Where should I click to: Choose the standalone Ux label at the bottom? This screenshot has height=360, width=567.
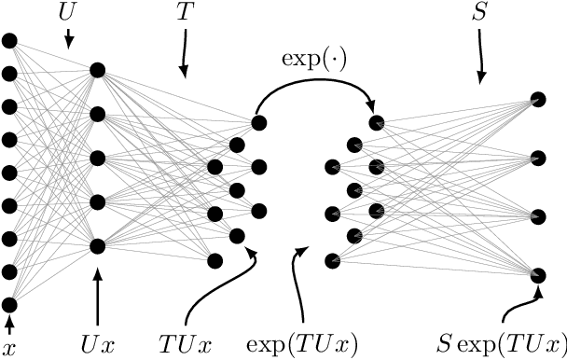[x=98, y=346]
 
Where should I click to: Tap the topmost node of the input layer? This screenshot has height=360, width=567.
[x=9, y=40]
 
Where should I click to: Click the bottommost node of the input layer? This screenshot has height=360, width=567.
[x=9, y=305]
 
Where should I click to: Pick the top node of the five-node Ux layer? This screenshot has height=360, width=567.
[x=97, y=71]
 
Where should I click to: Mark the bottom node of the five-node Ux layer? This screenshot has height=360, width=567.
[x=97, y=246]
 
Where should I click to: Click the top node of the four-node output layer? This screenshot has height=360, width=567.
[x=538, y=97]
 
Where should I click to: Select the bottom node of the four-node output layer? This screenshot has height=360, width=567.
[x=538, y=275]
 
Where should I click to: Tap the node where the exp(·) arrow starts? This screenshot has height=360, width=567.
[x=258, y=121]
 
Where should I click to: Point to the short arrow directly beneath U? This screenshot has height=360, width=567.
[x=68, y=39]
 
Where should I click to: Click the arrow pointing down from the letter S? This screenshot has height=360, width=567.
[x=481, y=56]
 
